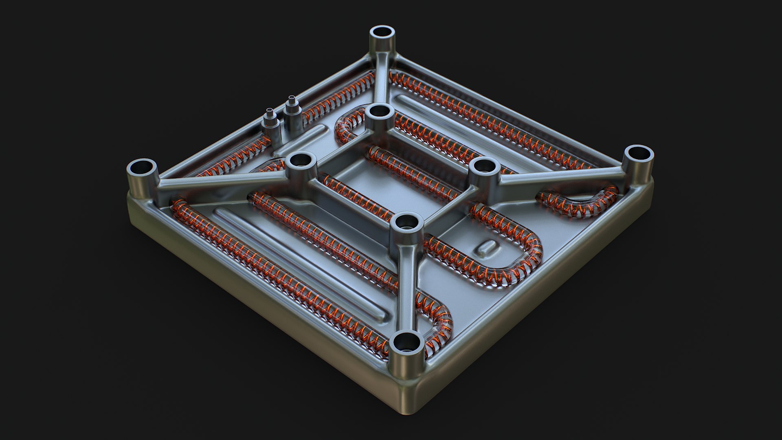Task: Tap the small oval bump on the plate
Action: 487,247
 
